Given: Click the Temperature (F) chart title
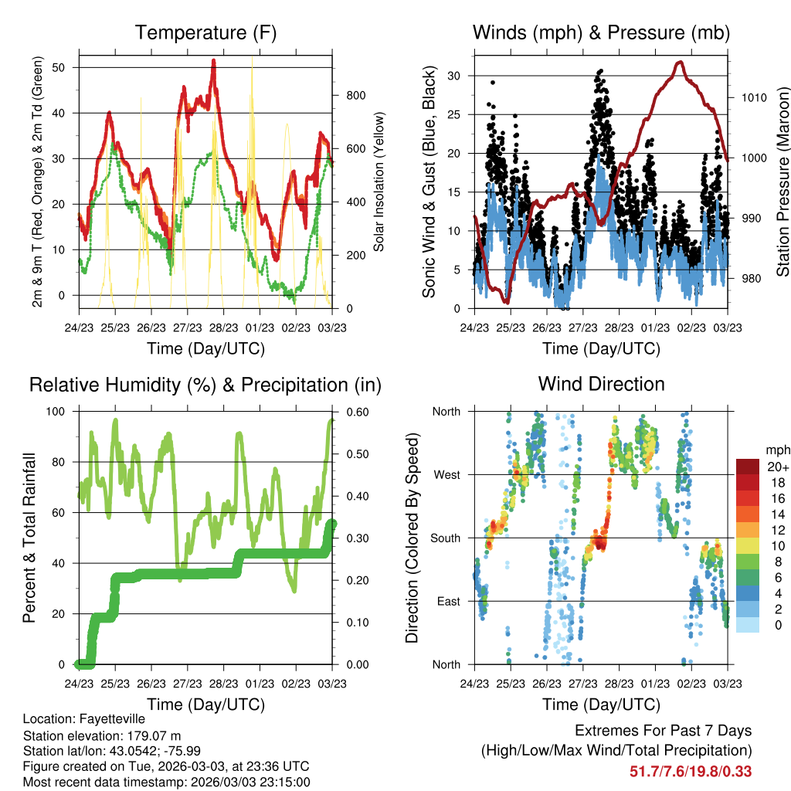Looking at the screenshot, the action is click(x=205, y=32).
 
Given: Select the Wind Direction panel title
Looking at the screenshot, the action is click(x=601, y=384).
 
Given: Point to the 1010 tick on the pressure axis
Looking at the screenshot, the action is click(x=754, y=97).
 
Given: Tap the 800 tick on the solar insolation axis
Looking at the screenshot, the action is click(x=355, y=95).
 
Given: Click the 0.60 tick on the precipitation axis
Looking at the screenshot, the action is click(x=358, y=412).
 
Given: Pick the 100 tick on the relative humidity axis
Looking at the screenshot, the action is click(x=56, y=411).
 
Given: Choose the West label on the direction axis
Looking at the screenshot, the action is click(x=447, y=475).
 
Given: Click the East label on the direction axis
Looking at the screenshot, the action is click(x=449, y=601).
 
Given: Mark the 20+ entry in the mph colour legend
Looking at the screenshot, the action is click(x=778, y=467).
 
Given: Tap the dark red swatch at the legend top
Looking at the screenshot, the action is click(x=748, y=467).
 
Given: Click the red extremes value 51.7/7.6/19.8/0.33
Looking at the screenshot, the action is click(x=691, y=772).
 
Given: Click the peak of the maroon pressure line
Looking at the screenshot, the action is click(x=681, y=62).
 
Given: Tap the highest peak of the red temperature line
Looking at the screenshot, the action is click(x=214, y=60).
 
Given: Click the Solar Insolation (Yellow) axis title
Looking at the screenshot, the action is click(x=379, y=182).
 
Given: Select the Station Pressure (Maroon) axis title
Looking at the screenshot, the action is click(x=783, y=182).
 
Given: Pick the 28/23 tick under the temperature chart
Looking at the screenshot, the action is click(x=223, y=328).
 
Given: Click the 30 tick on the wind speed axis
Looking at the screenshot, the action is click(x=453, y=76).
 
